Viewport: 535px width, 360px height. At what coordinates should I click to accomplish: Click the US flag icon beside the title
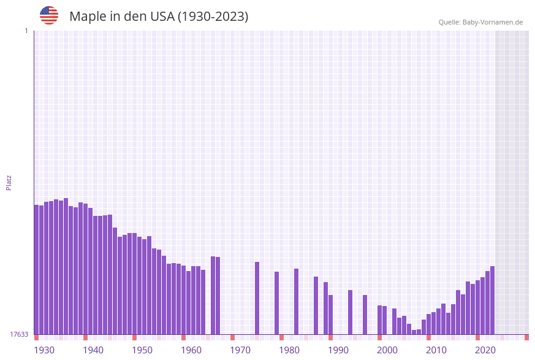tap(49, 15)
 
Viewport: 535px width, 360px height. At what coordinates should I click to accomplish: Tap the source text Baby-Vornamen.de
tap(493, 22)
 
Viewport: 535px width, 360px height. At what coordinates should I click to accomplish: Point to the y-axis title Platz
tap(9, 182)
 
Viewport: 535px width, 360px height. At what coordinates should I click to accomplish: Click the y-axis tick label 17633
tap(19, 334)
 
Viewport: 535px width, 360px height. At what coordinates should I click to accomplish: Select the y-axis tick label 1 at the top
tap(26, 31)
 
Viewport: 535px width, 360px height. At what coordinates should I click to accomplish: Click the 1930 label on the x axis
tap(44, 350)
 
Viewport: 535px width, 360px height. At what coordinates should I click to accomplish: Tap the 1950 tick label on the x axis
tap(142, 350)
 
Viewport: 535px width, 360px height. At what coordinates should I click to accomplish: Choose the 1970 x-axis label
tap(240, 350)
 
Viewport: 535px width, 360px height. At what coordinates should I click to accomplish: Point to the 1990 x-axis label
tap(338, 350)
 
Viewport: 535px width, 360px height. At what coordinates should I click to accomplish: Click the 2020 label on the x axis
tap(485, 350)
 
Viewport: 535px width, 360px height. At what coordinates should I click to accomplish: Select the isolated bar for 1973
tap(257, 298)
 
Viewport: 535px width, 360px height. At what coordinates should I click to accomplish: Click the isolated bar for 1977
tap(277, 303)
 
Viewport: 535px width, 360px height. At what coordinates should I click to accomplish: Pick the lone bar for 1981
tap(297, 301)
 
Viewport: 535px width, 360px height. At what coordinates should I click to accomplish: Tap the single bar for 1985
tap(316, 305)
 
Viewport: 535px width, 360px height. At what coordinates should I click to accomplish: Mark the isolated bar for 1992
tap(351, 312)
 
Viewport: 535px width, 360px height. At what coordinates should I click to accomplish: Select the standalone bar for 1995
tap(365, 315)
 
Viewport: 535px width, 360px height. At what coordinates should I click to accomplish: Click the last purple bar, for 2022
tap(493, 300)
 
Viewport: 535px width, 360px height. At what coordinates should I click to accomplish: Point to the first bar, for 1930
tap(37, 269)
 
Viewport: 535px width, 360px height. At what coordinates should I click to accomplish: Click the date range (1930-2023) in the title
tap(213, 17)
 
